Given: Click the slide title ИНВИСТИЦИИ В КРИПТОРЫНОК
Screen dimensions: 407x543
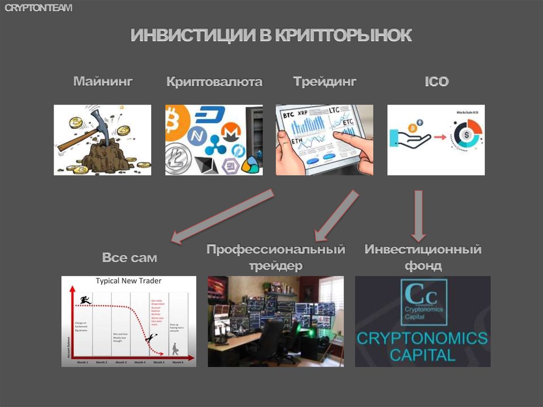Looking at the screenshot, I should pyautogui.click(x=271, y=36).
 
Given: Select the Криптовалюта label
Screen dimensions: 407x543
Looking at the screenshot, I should pyautogui.click(x=214, y=82).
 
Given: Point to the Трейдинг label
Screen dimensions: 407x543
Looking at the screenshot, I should pyautogui.click(x=325, y=82).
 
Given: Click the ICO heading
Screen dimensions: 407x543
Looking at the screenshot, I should pyautogui.click(x=436, y=82).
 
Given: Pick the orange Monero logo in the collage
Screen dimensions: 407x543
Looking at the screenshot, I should pyautogui.click(x=230, y=131).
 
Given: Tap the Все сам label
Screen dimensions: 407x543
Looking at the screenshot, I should pyautogui.click(x=130, y=258).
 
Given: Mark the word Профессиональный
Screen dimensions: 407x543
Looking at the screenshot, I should pyautogui.click(x=276, y=249).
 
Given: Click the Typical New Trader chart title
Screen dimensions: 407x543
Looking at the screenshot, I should pyautogui.click(x=128, y=281).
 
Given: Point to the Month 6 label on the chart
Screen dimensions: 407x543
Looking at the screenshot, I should pyautogui.click(x=178, y=362).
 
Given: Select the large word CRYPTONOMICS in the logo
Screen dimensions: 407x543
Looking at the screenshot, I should pyautogui.click(x=422, y=338).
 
